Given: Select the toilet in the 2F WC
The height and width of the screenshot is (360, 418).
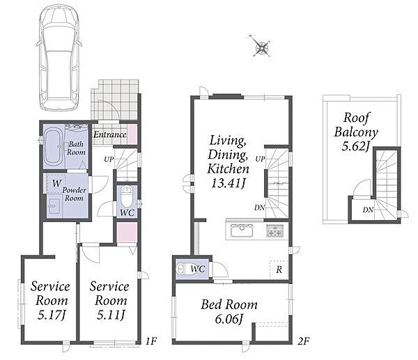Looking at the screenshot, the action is [x=182, y=269].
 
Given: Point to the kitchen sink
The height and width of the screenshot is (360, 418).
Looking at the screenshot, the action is [x=242, y=230].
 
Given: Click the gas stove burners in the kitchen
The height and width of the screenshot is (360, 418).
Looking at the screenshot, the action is [x=274, y=230].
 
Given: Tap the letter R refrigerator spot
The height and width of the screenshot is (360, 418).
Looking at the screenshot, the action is [x=279, y=269].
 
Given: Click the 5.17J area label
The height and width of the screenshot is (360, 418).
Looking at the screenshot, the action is [x=52, y=315].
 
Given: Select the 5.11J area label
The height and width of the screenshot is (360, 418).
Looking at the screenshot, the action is [x=110, y=315].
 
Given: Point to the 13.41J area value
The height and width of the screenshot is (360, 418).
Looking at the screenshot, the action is [x=229, y=183].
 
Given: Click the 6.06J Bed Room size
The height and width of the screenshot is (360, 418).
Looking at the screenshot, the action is [x=229, y=319].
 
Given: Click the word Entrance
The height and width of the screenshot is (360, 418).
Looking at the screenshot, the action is [x=110, y=134].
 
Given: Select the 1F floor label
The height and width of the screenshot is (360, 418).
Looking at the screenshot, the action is [x=151, y=341].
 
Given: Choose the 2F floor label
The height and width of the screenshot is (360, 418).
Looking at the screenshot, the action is [x=304, y=341].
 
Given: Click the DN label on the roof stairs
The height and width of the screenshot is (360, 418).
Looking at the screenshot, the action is [x=368, y=210].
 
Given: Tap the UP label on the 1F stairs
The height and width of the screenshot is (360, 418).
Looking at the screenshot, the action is [x=109, y=159].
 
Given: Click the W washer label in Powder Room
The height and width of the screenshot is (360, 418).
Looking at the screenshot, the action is [x=57, y=183].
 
